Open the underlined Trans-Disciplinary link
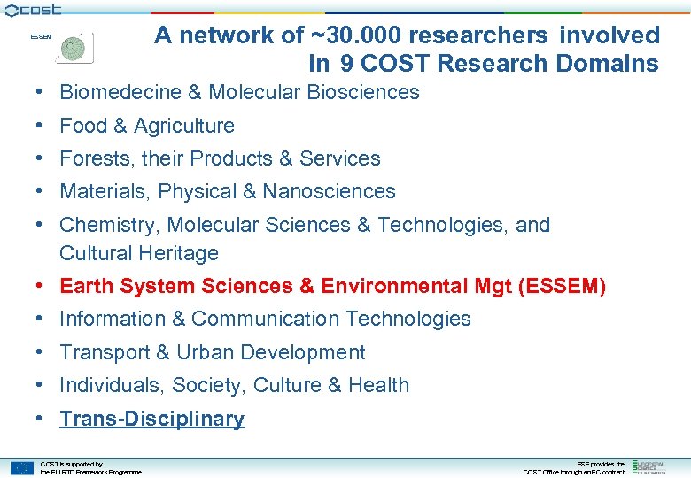pyautogui.click(x=151, y=419)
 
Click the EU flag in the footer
pyautogui.click(x=22, y=468)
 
